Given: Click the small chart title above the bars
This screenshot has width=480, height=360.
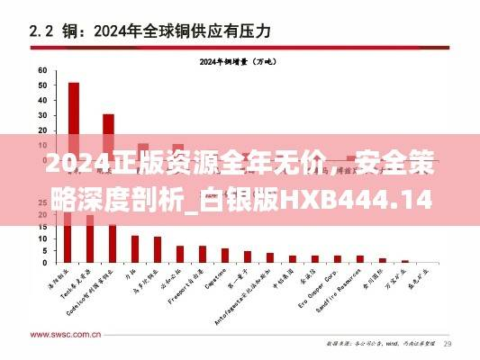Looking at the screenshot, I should [239, 61].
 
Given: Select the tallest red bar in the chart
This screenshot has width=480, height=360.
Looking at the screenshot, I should [73, 135].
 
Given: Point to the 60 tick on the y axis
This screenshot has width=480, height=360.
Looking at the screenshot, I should [41, 69].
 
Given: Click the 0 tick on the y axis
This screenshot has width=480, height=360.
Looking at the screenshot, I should [43, 263].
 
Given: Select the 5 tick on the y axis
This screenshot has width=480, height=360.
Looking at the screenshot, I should [43, 252].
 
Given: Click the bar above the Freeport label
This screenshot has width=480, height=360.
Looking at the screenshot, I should [202, 254].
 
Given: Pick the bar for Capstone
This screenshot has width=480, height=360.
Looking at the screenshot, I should [224, 256].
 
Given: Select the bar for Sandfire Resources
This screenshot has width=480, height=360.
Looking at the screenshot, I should [360, 259].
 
